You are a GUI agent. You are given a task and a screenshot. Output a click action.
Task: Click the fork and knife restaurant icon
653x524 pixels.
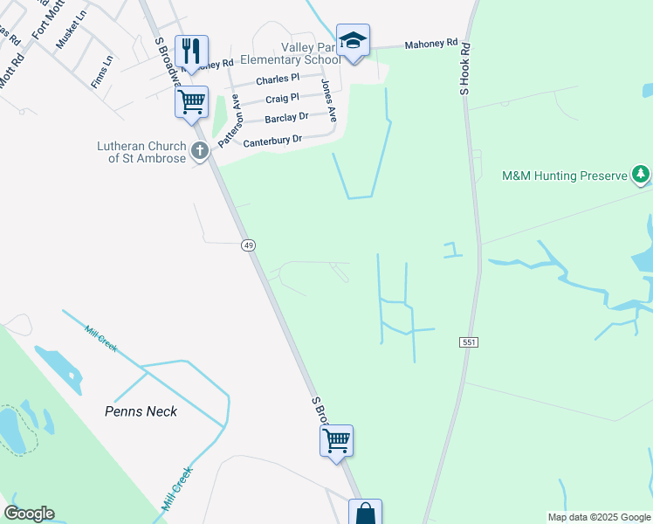click(x=191, y=51)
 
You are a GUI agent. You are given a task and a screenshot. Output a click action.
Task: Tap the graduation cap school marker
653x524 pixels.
click(x=353, y=40)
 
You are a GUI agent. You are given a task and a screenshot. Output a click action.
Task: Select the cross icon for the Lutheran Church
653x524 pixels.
click(x=200, y=152)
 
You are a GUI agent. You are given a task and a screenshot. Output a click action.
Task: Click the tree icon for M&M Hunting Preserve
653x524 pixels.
click(x=642, y=176)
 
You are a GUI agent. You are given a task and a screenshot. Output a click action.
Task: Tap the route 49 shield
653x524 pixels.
click(x=249, y=245)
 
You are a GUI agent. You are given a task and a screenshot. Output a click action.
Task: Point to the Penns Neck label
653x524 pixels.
click(x=141, y=411)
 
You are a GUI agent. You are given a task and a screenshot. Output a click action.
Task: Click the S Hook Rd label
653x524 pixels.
click(x=465, y=68)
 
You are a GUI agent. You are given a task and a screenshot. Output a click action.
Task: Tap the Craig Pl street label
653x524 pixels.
click(x=282, y=99)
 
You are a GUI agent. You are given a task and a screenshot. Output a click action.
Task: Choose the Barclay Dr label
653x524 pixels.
click(x=286, y=117)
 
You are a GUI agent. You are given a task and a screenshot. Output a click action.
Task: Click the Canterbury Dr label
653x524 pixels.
click(x=272, y=140)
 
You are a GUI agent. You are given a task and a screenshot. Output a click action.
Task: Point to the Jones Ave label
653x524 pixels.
click(x=327, y=99)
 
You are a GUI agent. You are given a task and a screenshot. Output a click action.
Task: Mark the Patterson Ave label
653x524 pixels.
click(x=229, y=122)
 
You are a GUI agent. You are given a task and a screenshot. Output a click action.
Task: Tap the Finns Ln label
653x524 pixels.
click(x=102, y=72)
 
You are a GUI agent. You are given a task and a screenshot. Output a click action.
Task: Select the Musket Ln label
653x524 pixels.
click(x=72, y=29)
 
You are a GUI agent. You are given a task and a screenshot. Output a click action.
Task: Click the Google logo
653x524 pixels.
click(x=29, y=514)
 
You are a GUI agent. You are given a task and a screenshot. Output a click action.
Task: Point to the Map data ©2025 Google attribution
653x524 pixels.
click(x=599, y=517)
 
